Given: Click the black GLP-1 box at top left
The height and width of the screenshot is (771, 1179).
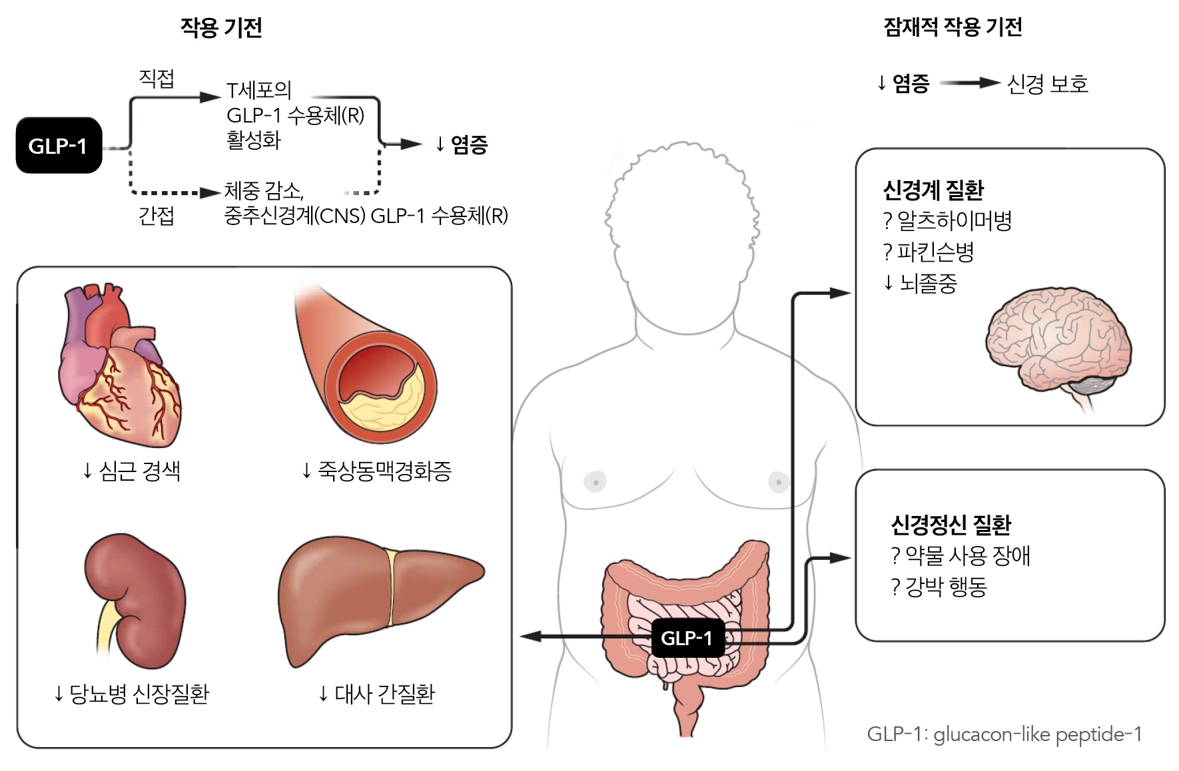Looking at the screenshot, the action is coord(59,145).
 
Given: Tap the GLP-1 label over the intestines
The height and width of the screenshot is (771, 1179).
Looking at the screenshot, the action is coord(687,638).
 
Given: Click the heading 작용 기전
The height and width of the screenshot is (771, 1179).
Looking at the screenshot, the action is coord(221,28).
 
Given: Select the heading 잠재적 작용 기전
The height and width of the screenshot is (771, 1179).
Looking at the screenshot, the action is coord(953,27).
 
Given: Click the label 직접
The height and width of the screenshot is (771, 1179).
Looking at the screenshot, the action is coord(157,79).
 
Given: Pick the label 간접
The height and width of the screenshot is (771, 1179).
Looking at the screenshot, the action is coord(157,216).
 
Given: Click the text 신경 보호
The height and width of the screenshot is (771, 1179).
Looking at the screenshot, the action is coord(1048,84).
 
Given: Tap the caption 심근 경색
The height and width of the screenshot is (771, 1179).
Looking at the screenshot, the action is coord(140,471).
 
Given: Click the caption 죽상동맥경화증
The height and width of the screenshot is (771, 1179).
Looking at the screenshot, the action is coord(384,471).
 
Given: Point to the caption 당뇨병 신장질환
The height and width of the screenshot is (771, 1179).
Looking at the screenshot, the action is coord(139,694).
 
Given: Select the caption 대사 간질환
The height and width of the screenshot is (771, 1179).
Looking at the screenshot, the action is coord(384,694).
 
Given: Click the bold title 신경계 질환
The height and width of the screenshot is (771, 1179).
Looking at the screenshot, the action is coord(933,190).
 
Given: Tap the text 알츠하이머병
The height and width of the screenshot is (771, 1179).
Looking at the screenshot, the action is coord(955,221).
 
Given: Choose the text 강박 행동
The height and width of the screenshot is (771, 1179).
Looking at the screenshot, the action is coord(946,587).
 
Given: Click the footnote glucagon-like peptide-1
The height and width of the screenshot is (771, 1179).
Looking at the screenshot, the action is coord(1038,734).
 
